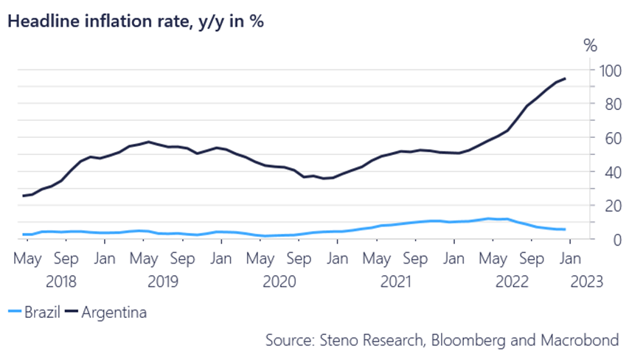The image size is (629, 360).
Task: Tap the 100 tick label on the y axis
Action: pyautogui.click(x=608, y=71)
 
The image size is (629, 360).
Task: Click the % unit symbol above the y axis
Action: pyautogui.click(x=591, y=46)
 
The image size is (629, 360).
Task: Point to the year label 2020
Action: pyautogui.click(x=279, y=281)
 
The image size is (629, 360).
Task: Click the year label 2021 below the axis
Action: pyautogui.click(x=396, y=281)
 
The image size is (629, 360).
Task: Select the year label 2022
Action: pyautogui.click(x=512, y=281)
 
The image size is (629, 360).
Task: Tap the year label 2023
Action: pyautogui.click(x=586, y=281)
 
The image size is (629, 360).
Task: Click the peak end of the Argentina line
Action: pyautogui.click(x=566, y=78)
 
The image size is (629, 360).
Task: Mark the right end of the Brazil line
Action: pyautogui.click(x=566, y=229)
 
